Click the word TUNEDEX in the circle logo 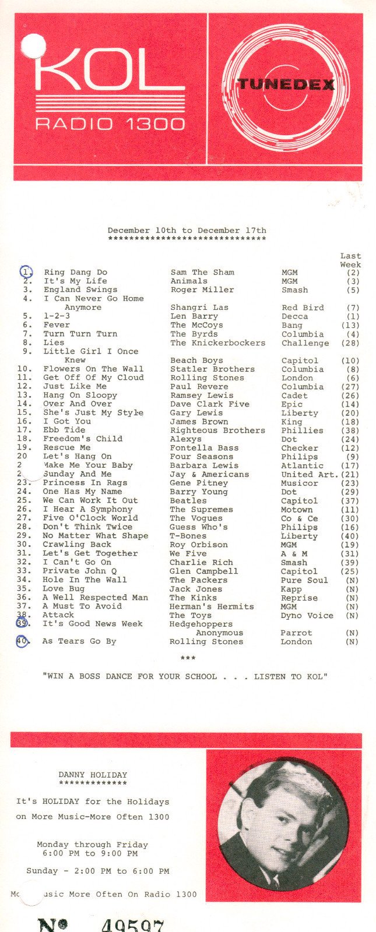pyautogui.click(x=286, y=84)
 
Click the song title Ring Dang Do pyautogui.click(x=75, y=272)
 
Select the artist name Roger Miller pyautogui.click(x=202, y=290)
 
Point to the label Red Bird pyautogui.click(x=303, y=308)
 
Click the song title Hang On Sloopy pyautogui.click(x=80, y=395)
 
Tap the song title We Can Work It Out pyautogui.click(x=90, y=500)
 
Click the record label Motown pyautogui.click(x=297, y=510)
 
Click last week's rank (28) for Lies pyautogui.click(x=350, y=343)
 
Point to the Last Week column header pyautogui.click(x=350, y=260)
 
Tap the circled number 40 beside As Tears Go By pyautogui.click(x=23, y=641)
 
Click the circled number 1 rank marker pyautogui.click(x=26, y=271)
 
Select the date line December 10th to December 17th pyautogui.click(x=187, y=231)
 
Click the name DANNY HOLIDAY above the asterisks pyautogui.click(x=93, y=775)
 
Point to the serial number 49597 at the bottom pyautogui.click(x=132, y=925)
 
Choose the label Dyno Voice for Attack pyautogui.click(x=307, y=615)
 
